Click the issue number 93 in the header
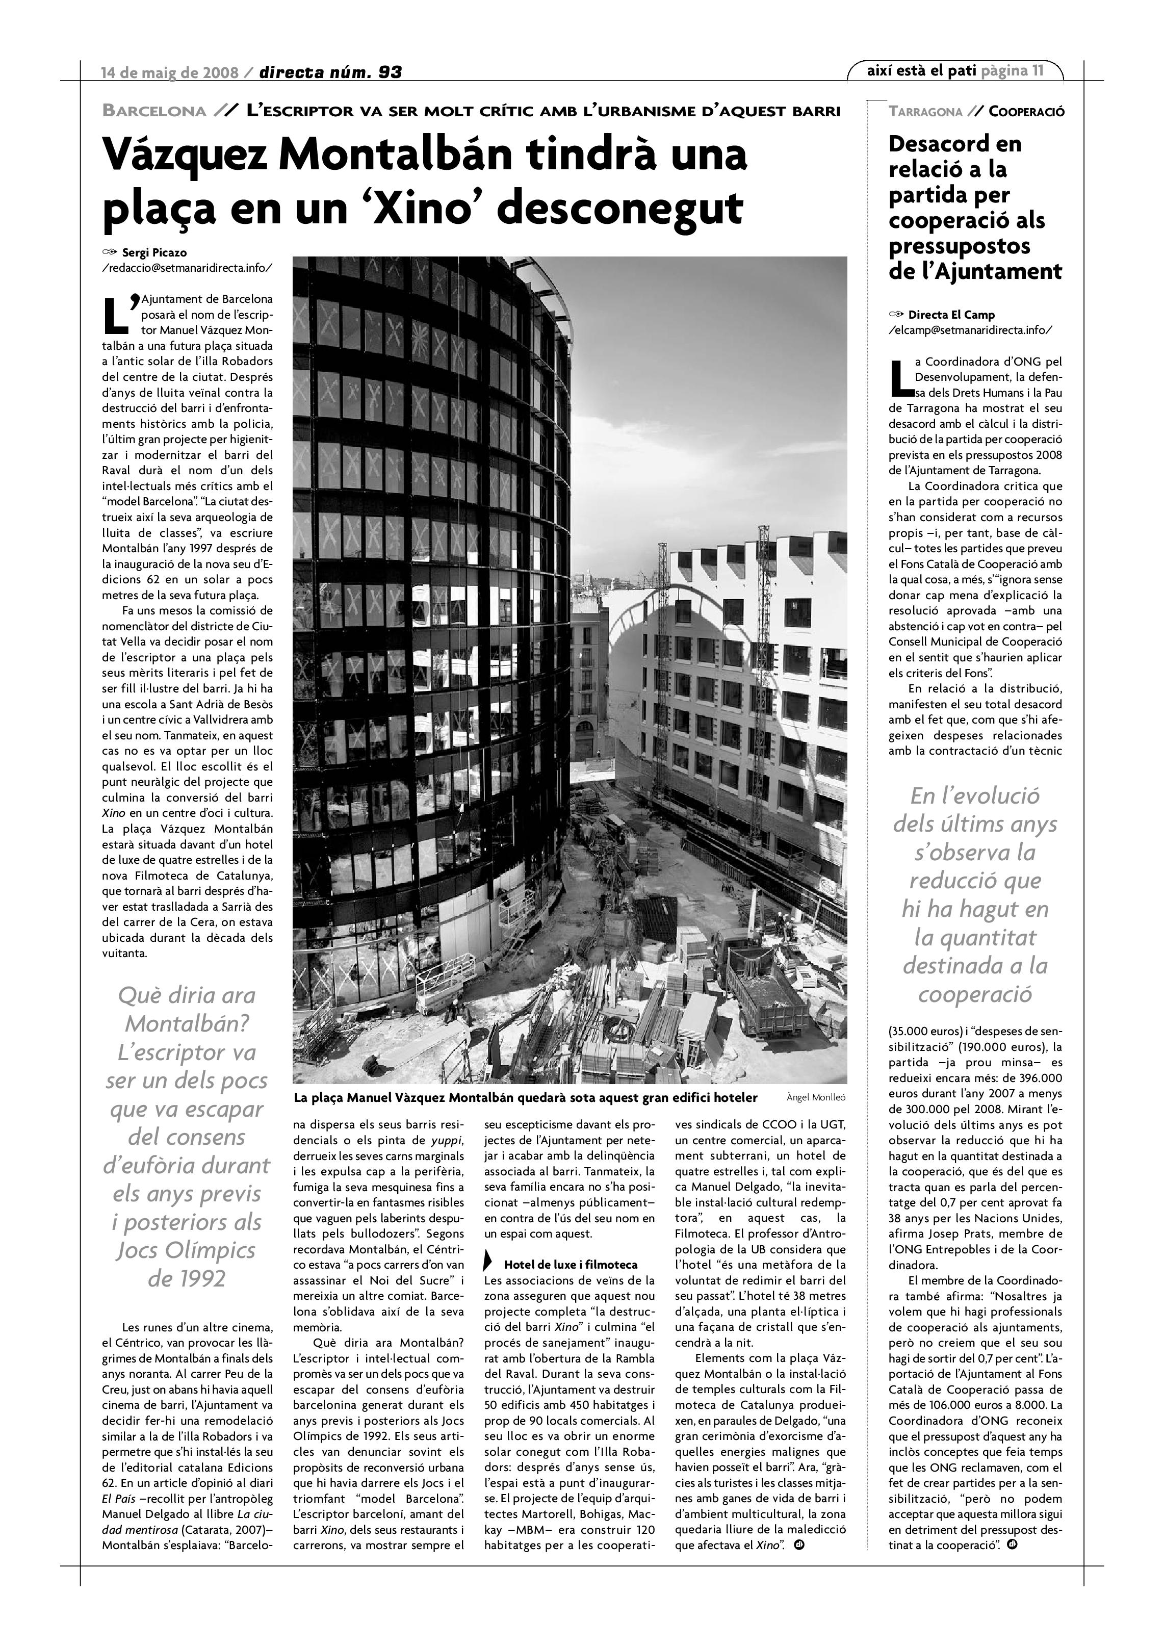(390, 72)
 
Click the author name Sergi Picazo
(154, 252)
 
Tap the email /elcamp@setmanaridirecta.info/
(970, 330)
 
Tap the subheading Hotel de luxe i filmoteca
(571, 1265)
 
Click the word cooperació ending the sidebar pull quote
(975, 994)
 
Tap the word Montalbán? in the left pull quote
(187, 1024)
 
